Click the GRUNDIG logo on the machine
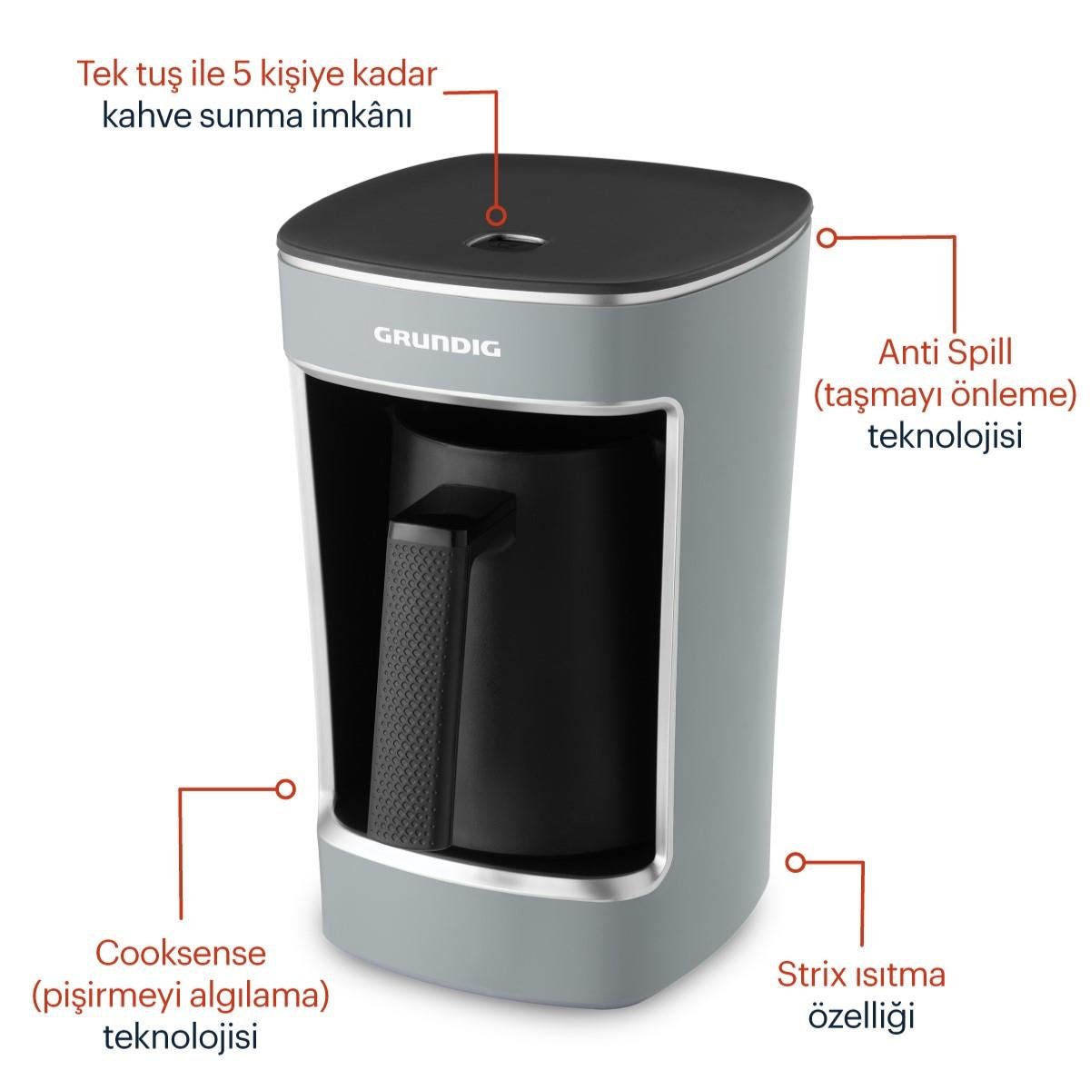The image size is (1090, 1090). point(437,345)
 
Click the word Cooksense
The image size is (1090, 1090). point(181,953)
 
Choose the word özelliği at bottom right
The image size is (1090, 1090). point(860,1016)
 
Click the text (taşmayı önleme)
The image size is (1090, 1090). point(944,393)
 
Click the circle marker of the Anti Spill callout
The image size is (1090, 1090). point(826,237)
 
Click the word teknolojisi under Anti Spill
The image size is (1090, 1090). point(945,435)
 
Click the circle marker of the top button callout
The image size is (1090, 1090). point(496,216)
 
